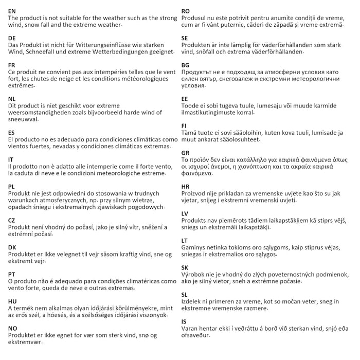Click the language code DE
pyautogui.click(x=12, y=38)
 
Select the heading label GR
pyautogui.click(x=186, y=153)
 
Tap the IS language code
pyautogui.click(x=184, y=321)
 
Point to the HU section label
pyautogui.click(x=13, y=300)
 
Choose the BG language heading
pyautogui.click(x=186, y=65)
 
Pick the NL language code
pyautogui.click(x=12, y=98)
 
